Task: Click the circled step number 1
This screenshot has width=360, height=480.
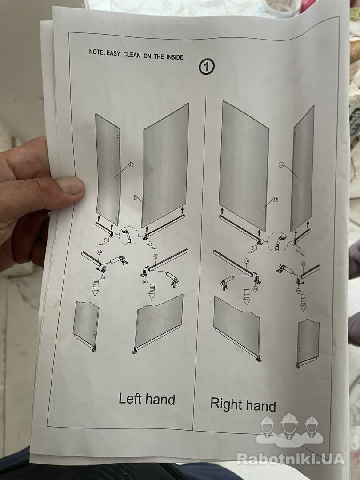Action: point(207,67)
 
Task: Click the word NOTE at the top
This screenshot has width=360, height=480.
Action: point(96,52)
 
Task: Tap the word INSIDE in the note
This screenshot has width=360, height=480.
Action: point(176,56)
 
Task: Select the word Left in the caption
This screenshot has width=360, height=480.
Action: point(130,399)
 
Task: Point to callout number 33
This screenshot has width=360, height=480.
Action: point(102,278)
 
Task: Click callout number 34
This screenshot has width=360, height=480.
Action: point(145,282)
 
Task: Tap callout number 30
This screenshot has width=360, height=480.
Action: point(256,288)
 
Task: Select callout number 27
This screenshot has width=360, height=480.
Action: point(299,291)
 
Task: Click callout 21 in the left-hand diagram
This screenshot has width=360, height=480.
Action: point(131,165)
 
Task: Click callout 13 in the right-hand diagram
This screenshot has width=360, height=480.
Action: point(275,200)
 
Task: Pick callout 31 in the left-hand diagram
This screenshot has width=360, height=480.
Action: point(156,256)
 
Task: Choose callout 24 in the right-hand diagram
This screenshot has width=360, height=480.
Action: point(304,263)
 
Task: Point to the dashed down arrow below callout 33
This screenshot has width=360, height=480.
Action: point(96,288)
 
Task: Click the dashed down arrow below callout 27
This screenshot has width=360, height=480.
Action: point(303,303)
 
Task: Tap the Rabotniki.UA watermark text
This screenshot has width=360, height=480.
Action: point(291,459)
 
